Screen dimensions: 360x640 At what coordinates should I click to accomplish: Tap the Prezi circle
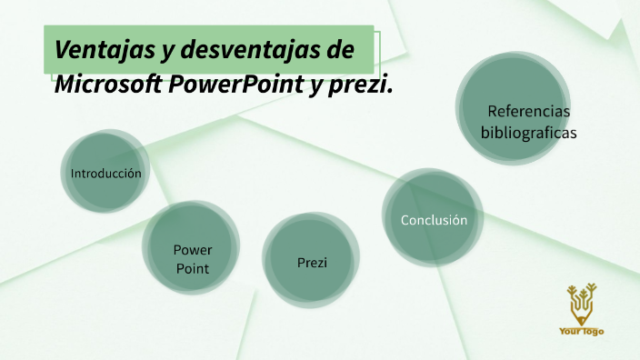point(312,262)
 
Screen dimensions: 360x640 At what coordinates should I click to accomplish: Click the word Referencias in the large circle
point(528,111)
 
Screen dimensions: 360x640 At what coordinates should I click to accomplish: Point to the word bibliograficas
point(528,133)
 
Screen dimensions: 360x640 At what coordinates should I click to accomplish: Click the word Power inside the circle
point(193,250)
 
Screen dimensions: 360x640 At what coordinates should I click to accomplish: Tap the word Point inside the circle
point(193,268)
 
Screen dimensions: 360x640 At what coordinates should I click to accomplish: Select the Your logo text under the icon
point(582,331)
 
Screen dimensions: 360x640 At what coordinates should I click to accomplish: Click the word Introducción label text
point(106,173)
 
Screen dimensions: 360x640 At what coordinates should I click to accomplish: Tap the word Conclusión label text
point(434,220)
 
